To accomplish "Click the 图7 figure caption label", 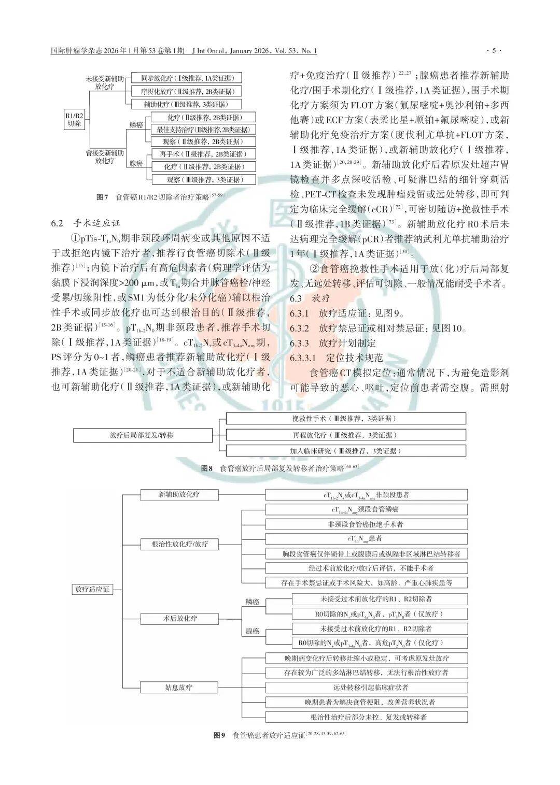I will [102, 197].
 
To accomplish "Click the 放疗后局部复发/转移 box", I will [142, 435].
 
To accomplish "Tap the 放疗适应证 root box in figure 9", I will [92, 589].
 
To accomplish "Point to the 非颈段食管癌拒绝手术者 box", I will [366, 524].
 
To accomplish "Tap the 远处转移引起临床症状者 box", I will [366, 688].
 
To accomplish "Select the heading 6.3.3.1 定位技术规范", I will [336, 358].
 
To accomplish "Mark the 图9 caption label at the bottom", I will [219, 736].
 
